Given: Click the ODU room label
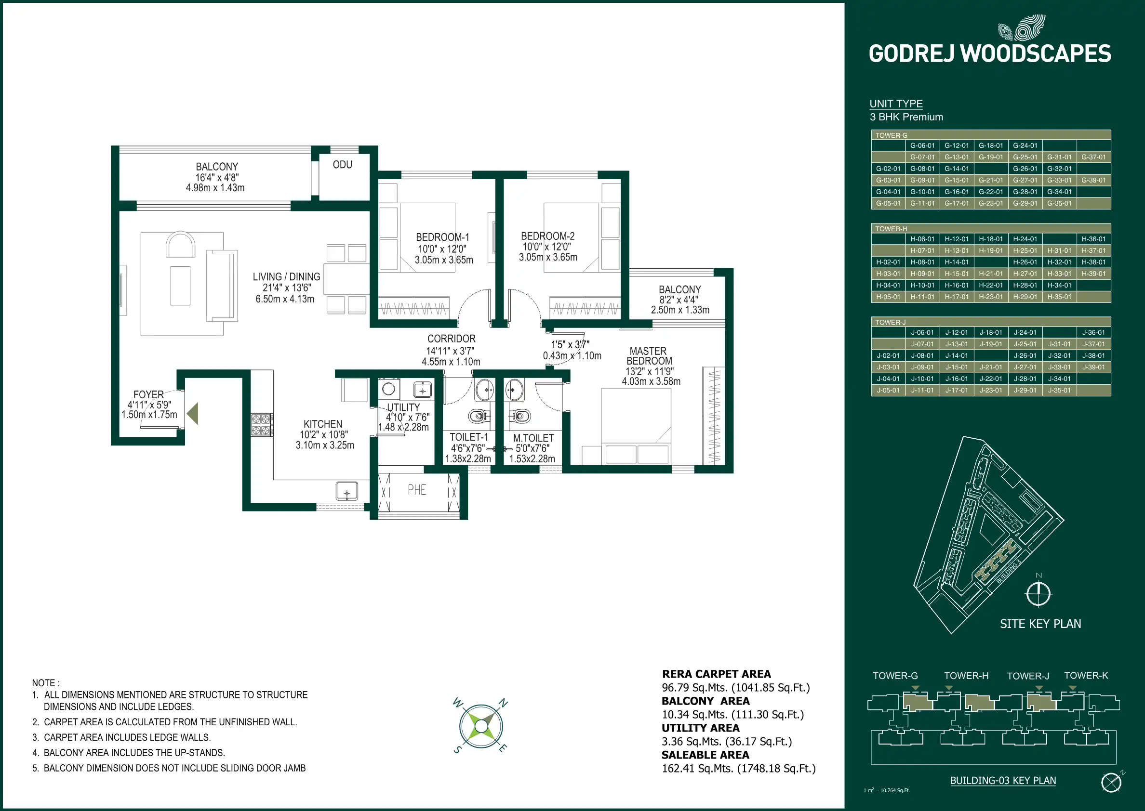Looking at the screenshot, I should (x=342, y=165).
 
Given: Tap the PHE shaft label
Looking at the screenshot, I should (x=417, y=490).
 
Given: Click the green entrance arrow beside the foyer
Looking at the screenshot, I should (x=193, y=414).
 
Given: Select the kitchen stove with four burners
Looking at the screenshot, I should (x=261, y=425).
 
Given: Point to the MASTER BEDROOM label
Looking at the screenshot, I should (x=649, y=356).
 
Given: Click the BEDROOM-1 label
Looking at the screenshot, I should (x=442, y=237).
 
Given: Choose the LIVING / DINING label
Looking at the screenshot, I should (x=286, y=276).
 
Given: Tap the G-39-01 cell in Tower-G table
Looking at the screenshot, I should (x=1093, y=180).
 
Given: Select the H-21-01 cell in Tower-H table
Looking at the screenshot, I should (x=991, y=274).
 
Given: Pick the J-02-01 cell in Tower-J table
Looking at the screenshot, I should (x=888, y=355).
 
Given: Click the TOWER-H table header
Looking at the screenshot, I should (x=891, y=229).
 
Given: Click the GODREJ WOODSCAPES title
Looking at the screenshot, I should (x=990, y=54).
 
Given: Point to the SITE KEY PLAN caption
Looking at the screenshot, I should (x=1040, y=624).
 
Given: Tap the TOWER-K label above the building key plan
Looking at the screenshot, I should (x=1086, y=676).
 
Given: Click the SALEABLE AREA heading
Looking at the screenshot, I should (x=705, y=755).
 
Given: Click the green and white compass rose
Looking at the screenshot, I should (x=480, y=726).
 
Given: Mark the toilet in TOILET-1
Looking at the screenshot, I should (x=478, y=416).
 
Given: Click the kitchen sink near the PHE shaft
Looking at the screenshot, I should (x=346, y=491).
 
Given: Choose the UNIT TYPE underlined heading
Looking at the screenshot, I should (x=896, y=104).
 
